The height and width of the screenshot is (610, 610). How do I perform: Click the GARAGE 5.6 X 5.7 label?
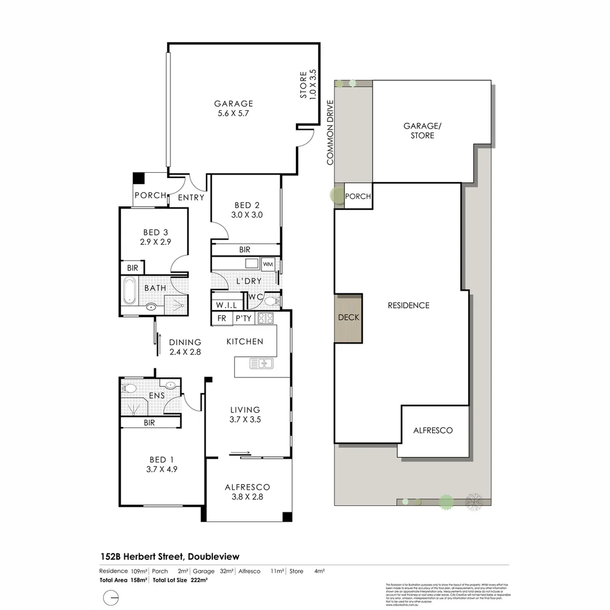(x=233, y=108)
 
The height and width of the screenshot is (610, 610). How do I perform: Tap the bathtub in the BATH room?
(x=129, y=290)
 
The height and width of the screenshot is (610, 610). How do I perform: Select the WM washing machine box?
(x=268, y=264)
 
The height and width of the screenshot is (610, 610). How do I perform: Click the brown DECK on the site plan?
(x=348, y=318)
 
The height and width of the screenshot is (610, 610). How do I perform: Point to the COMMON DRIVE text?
(x=330, y=133)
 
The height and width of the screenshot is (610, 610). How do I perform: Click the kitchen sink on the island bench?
(x=262, y=363)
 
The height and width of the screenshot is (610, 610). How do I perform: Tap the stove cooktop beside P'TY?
(x=265, y=318)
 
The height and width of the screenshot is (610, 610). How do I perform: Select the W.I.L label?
(x=224, y=305)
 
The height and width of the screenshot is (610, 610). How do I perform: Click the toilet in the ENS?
(x=129, y=389)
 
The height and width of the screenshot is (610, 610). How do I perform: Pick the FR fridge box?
(x=222, y=319)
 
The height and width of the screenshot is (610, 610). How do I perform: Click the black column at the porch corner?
(x=138, y=178)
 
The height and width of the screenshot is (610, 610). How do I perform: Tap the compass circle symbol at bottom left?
(x=112, y=598)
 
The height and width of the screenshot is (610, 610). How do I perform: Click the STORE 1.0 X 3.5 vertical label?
(x=308, y=85)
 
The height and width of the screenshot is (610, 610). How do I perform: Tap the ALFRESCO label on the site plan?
(x=433, y=430)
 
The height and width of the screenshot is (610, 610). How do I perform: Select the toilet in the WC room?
(x=271, y=300)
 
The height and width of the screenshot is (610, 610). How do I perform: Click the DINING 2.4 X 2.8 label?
(x=185, y=346)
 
